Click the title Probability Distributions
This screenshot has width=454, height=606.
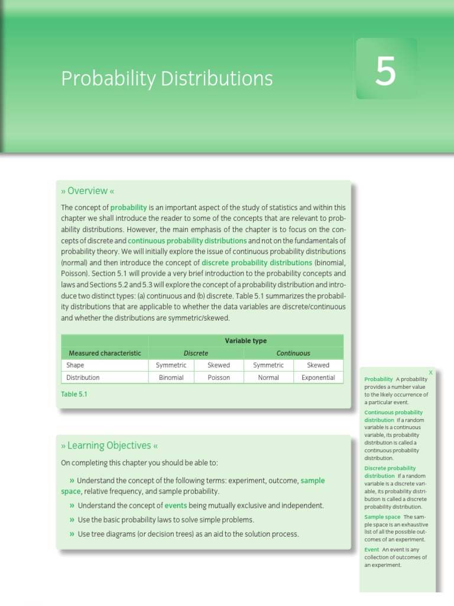click(167, 78)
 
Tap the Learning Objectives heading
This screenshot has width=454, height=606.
click(109, 446)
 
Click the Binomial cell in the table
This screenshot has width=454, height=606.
click(171, 378)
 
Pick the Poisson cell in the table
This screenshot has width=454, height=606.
click(219, 378)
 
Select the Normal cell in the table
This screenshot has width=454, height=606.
click(268, 378)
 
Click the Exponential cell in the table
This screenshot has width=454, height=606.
click(318, 378)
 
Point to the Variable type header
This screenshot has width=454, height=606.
click(246, 341)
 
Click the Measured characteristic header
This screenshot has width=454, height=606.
click(104, 353)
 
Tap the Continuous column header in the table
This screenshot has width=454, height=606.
click(293, 353)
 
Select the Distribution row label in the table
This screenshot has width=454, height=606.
click(83, 378)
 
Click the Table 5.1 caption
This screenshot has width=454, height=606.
click(74, 394)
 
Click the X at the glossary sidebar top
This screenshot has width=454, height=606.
click(430, 372)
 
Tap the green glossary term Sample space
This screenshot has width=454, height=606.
click(382, 517)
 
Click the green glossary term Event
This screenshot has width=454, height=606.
click(372, 550)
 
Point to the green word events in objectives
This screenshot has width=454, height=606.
click(176, 506)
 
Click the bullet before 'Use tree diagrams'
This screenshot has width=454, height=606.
click(72, 534)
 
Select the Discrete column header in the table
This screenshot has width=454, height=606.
click(196, 353)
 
